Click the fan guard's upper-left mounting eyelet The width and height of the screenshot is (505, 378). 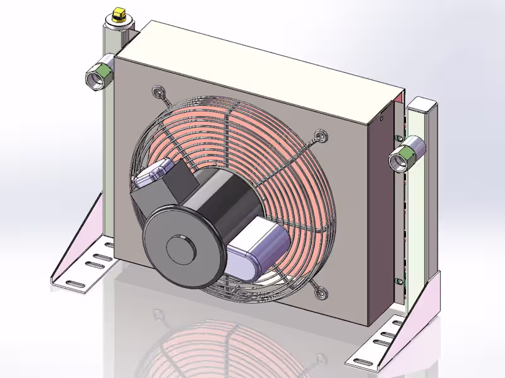tap(157, 93)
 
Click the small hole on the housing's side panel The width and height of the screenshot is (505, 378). tap(382, 117)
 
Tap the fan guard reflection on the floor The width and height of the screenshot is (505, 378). tap(208, 346)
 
